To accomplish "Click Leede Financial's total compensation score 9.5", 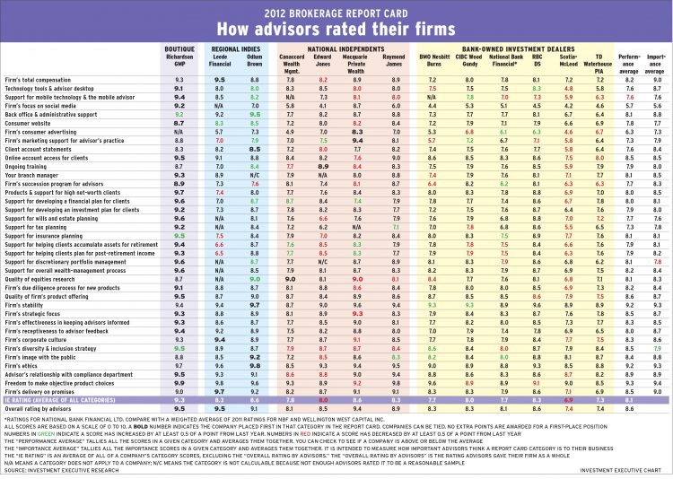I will [219, 80].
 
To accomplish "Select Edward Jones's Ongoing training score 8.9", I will [328, 166].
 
